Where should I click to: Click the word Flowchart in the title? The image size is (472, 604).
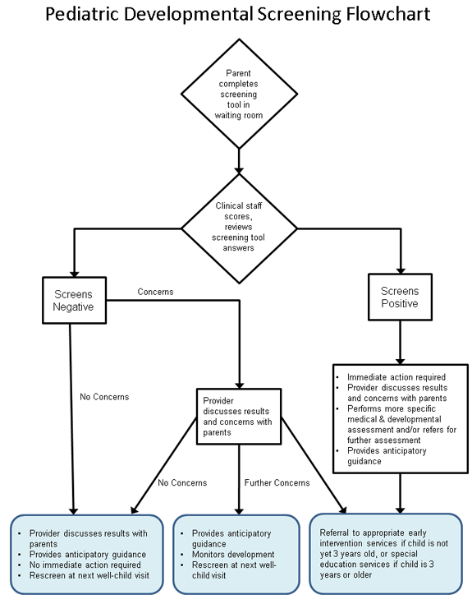pos(383,16)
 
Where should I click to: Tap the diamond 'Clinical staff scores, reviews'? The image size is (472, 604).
pos(239,227)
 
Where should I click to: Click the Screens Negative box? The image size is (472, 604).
pos(74,301)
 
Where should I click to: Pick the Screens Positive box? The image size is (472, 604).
pos(400,297)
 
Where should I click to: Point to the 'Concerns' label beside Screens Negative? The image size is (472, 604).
pos(155,292)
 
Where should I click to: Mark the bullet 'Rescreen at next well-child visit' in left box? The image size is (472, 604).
pos(85,575)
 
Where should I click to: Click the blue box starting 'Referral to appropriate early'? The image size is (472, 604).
pos(385,553)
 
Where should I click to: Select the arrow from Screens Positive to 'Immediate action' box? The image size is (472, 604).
pos(400,340)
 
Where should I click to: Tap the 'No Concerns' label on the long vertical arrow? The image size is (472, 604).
pos(103,397)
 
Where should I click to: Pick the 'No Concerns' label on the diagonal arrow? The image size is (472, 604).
pos(181,482)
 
